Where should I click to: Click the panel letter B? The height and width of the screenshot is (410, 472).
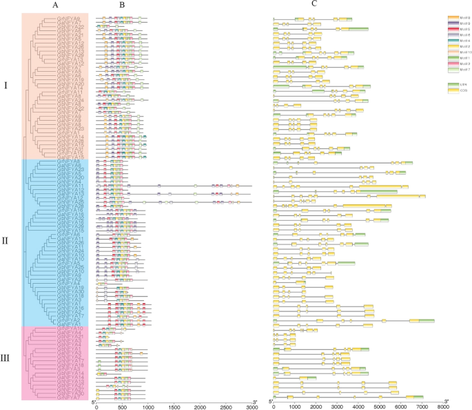tap(121, 5)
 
